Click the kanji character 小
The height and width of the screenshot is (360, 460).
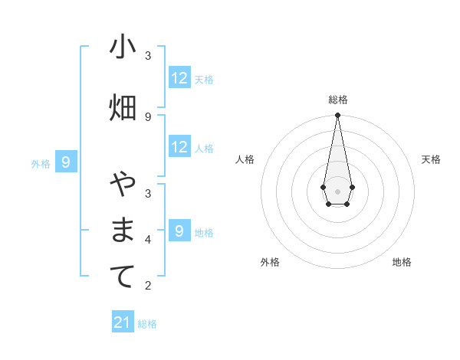click(123, 47)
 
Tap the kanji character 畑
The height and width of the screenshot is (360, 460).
click(123, 108)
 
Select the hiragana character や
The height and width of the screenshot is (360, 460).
click(123, 185)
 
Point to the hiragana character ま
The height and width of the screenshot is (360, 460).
click(123, 231)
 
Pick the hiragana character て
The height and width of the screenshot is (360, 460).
click(123, 277)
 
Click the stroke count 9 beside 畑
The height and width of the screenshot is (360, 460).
click(148, 116)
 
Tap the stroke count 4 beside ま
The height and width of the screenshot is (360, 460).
click(148, 239)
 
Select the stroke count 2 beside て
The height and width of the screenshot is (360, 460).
click(148, 286)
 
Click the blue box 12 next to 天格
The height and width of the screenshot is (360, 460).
click(179, 78)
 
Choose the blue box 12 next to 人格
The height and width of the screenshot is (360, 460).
click(179, 147)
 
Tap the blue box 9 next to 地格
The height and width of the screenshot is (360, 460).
click(179, 231)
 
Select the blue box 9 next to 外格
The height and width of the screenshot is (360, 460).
click(67, 162)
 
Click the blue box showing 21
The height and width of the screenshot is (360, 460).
click(123, 322)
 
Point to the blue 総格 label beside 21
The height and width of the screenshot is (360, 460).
click(147, 324)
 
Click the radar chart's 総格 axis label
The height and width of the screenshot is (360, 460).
click(337, 100)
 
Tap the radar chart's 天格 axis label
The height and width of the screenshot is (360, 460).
click(431, 159)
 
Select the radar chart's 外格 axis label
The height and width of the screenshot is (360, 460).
click(270, 262)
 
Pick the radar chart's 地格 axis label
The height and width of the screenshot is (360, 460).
click(402, 262)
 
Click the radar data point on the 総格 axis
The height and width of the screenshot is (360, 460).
click(337, 116)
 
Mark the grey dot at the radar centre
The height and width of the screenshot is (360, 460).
click(337, 190)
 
